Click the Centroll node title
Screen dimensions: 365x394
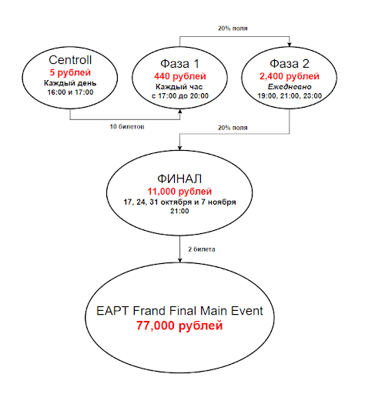pyautogui.click(x=70, y=60)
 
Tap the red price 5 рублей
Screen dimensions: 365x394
pyautogui.click(x=70, y=72)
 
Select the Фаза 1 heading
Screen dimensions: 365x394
pyautogui.click(x=179, y=64)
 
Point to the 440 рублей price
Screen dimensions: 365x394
pyautogui.click(x=180, y=76)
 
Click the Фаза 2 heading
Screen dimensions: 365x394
pyautogui.click(x=290, y=64)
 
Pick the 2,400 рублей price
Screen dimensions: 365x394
pyautogui.click(x=290, y=76)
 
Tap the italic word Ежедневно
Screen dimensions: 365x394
pyautogui.click(x=290, y=87)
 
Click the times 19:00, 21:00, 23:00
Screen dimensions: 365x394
pyautogui.click(x=290, y=96)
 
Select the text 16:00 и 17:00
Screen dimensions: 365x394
pyautogui.click(x=70, y=92)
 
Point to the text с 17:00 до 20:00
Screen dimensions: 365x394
pyautogui.click(x=180, y=96)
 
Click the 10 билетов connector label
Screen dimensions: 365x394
pyautogui.click(x=127, y=127)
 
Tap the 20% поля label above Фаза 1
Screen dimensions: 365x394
pyautogui.click(x=233, y=28)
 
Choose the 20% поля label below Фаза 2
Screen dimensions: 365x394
pyautogui.click(x=233, y=128)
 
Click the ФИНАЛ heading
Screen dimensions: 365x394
pyautogui.click(x=179, y=179)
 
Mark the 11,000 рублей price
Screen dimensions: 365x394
pyautogui.click(x=179, y=192)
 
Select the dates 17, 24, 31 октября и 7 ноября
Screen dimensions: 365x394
pyautogui.click(x=179, y=202)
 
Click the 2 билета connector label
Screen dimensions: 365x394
pyautogui.click(x=202, y=249)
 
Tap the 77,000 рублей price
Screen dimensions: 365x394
pyautogui.click(x=179, y=326)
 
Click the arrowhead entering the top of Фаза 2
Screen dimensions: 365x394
pyautogui.click(x=290, y=45)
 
